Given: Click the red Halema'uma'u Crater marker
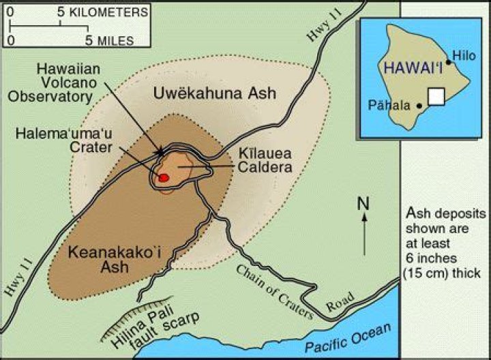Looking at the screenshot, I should (x=163, y=177).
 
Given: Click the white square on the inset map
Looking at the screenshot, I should (x=437, y=96).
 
